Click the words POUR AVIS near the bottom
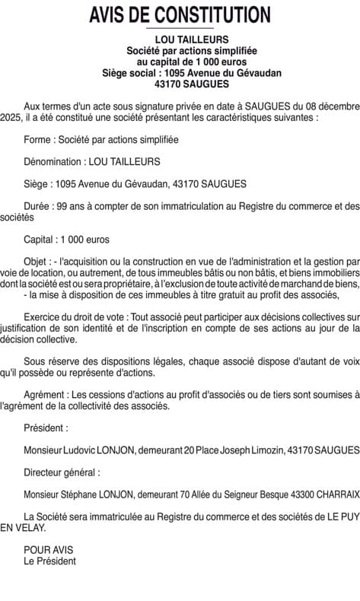coord(49,548)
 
